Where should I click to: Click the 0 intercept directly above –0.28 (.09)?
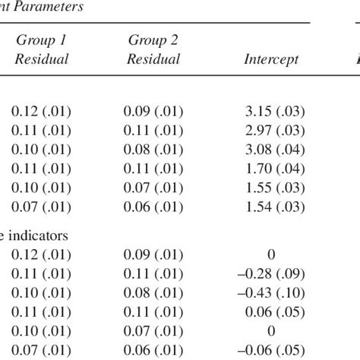coord(271,257)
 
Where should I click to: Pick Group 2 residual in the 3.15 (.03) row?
coord(152,112)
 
